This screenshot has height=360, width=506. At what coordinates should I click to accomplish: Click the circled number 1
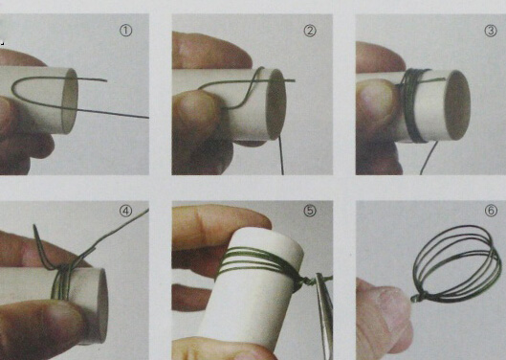click(x=126, y=31)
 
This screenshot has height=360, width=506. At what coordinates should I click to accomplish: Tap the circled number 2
click(x=310, y=31)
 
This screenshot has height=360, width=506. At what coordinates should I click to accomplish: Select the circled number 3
click(x=491, y=31)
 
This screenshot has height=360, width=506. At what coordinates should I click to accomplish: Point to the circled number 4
click(x=126, y=211)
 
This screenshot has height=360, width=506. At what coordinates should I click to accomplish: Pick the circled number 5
click(x=310, y=211)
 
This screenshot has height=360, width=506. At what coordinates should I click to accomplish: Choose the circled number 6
click(x=491, y=211)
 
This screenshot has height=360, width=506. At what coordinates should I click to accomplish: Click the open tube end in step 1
click(x=70, y=101)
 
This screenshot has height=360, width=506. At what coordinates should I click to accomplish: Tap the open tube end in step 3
click(x=456, y=105)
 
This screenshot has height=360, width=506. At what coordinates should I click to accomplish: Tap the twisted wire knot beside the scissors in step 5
click(x=305, y=281)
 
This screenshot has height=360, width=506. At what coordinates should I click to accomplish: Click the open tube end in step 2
click(x=276, y=104)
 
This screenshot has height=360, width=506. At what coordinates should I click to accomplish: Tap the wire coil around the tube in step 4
click(x=61, y=281)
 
